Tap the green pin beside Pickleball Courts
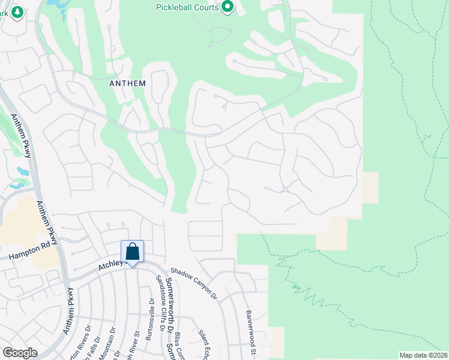click(x=228, y=7)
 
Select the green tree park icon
click(x=17, y=11)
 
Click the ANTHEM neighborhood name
click(x=127, y=83)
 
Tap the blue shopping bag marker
click(x=133, y=251)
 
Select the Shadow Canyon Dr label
click(x=193, y=283)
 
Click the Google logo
click(x=20, y=353)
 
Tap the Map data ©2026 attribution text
click(x=423, y=355)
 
